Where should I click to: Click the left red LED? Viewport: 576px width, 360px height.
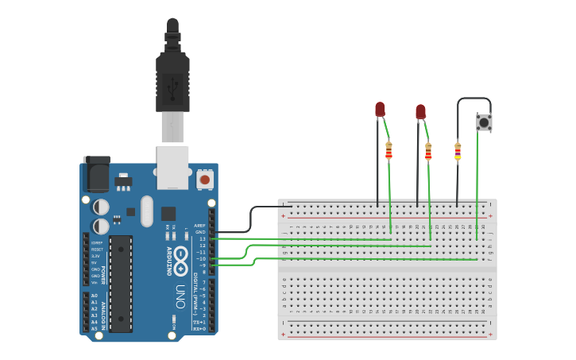(380, 109)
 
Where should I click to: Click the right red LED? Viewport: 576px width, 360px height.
(420, 111)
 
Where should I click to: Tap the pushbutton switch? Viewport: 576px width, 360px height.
(484, 122)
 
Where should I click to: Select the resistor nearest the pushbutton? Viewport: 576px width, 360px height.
(458, 151)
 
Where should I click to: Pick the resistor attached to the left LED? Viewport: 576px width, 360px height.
(389, 150)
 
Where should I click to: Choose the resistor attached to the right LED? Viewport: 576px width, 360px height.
(428, 151)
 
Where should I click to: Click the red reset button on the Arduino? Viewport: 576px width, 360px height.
(205, 180)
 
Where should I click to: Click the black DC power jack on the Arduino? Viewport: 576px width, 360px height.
(96, 174)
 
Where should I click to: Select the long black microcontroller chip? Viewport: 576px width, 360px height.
(121, 283)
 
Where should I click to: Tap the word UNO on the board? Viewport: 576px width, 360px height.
(180, 291)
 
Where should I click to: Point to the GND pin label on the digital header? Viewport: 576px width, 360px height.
(200, 232)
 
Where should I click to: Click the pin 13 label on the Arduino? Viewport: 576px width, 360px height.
(202, 238)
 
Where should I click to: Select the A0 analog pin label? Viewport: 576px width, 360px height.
(95, 296)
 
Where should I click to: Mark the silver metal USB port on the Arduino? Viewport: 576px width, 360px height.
(172, 166)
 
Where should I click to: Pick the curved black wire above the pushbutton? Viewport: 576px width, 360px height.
(474, 99)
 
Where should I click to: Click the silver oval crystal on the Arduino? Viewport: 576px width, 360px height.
(147, 211)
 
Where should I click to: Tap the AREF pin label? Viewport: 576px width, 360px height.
(199, 225)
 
